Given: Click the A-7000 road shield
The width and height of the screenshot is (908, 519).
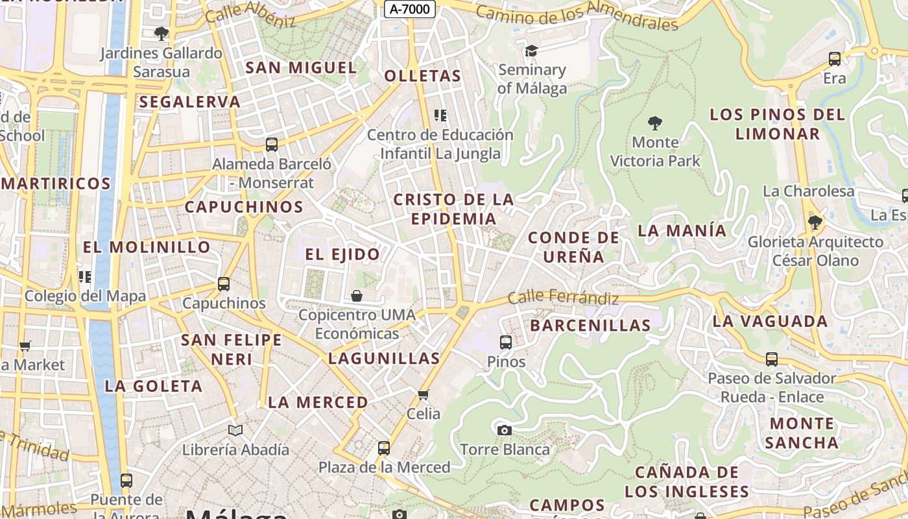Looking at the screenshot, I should click(x=409, y=9).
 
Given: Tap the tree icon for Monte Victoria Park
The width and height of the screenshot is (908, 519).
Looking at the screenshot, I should click(x=655, y=123).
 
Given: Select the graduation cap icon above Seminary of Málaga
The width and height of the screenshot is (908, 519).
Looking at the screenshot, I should click(x=532, y=51).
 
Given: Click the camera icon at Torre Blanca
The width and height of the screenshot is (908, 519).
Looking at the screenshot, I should click(x=504, y=430).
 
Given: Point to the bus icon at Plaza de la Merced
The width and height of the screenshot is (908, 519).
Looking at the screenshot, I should click(x=384, y=448).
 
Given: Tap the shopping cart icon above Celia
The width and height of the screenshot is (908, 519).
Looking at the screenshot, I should click(x=424, y=394).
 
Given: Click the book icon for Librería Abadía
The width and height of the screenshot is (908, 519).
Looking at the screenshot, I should click(x=235, y=430).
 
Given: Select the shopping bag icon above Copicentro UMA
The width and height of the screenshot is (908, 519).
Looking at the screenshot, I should click(x=356, y=296).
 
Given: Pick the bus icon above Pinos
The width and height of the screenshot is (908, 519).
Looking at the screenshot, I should click(x=506, y=342).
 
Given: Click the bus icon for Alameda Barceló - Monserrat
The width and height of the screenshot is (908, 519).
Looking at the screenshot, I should click(x=272, y=144).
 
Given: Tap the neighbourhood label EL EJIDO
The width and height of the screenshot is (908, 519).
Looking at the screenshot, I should click(x=342, y=254).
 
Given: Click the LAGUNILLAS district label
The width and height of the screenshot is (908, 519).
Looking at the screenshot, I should click(x=384, y=358).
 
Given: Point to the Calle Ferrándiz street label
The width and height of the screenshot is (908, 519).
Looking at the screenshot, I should click(x=563, y=298).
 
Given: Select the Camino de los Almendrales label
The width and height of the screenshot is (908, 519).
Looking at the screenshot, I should click(x=577, y=16).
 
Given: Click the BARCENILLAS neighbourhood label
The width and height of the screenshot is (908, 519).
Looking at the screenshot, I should click(x=590, y=326).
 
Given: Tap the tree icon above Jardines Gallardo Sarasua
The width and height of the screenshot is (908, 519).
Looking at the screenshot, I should click(x=161, y=33).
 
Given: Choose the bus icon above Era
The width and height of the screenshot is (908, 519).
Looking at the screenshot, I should click(x=835, y=59).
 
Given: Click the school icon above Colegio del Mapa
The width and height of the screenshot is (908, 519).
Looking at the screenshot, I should click(x=84, y=277).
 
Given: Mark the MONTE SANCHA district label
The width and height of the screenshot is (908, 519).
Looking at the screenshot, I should click(x=802, y=433).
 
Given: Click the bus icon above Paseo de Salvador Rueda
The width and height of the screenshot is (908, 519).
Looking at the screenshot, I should click(x=772, y=359).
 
